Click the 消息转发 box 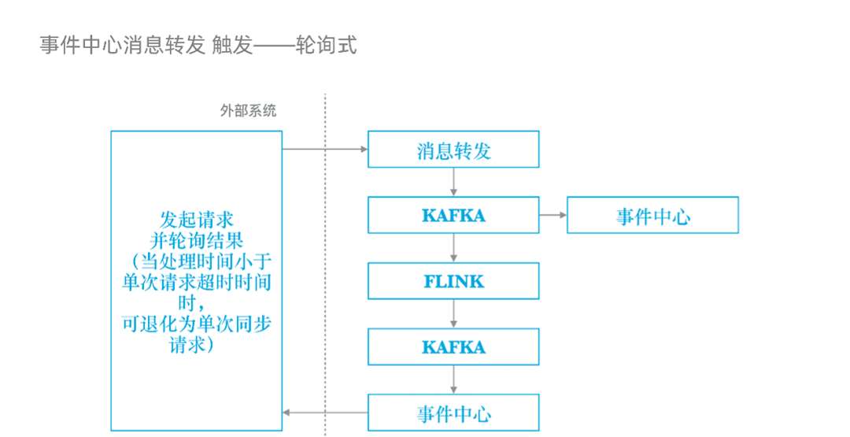[x=453, y=150]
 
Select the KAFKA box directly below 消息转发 [x=453, y=215]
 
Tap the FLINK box [x=453, y=281]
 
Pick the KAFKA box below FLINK [x=453, y=347]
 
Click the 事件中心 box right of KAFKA [x=652, y=215]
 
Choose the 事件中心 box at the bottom [x=453, y=413]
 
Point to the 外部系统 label [x=248, y=111]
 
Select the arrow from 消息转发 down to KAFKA [x=454, y=182]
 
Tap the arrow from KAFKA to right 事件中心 [x=552, y=215]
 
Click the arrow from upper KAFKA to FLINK [x=454, y=248]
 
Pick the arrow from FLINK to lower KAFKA [x=454, y=314]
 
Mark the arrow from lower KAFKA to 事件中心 [x=454, y=380]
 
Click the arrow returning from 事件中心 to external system [x=324, y=413]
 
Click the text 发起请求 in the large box [x=197, y=218]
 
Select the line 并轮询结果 [x=197, y=239]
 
